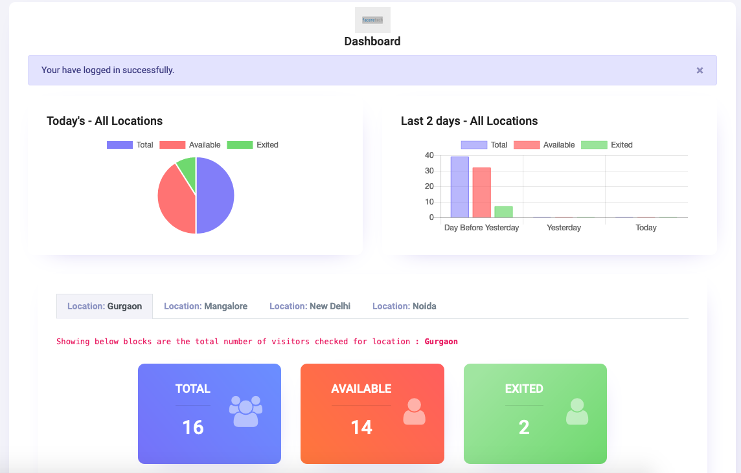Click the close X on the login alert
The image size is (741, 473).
[x=700, y=71]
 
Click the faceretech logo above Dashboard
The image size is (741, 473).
[x=372, y=20]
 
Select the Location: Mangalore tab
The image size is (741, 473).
[x=205, y=306]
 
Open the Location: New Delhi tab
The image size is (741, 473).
[x=310, y=306]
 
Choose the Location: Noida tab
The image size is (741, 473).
[x=404, y=306]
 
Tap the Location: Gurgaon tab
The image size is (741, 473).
[x=104, y=306]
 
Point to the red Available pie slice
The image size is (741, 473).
[x=174, y=201]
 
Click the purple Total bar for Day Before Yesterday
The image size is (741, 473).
[x=459, y=187]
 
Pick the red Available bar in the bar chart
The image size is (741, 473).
[x=481, y=193]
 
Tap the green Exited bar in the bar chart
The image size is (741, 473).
[x=503, y=212]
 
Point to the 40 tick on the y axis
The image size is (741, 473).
[x=429, y=155]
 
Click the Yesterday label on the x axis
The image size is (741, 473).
[x=564, y=228]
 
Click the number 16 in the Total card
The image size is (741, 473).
[x=193, y=427]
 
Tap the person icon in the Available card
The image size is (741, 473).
[x=414, y=412]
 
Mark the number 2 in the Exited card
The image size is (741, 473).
[x=524, y=427]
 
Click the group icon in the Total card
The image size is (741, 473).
[x=245, y=412]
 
